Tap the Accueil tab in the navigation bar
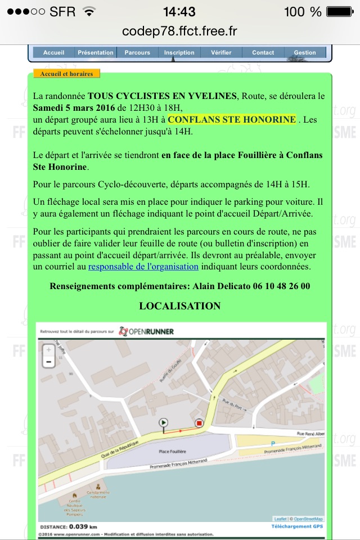[53, 52]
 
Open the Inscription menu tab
[179, 52]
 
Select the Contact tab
[263, 52]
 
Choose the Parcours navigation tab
[137, 52]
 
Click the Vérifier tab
[221, 52]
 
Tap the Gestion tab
[305, 52]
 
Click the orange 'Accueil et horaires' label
[66, 74]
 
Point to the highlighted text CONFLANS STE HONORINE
[232, 120]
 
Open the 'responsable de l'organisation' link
[143, 266]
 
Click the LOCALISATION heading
[180, 306]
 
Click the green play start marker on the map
[164, 422]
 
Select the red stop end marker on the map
[199, 423]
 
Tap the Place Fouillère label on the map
[172, 451]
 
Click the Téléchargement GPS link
[297, 526]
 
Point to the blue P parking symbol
[273, 443]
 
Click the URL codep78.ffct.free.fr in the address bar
[179, 31]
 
